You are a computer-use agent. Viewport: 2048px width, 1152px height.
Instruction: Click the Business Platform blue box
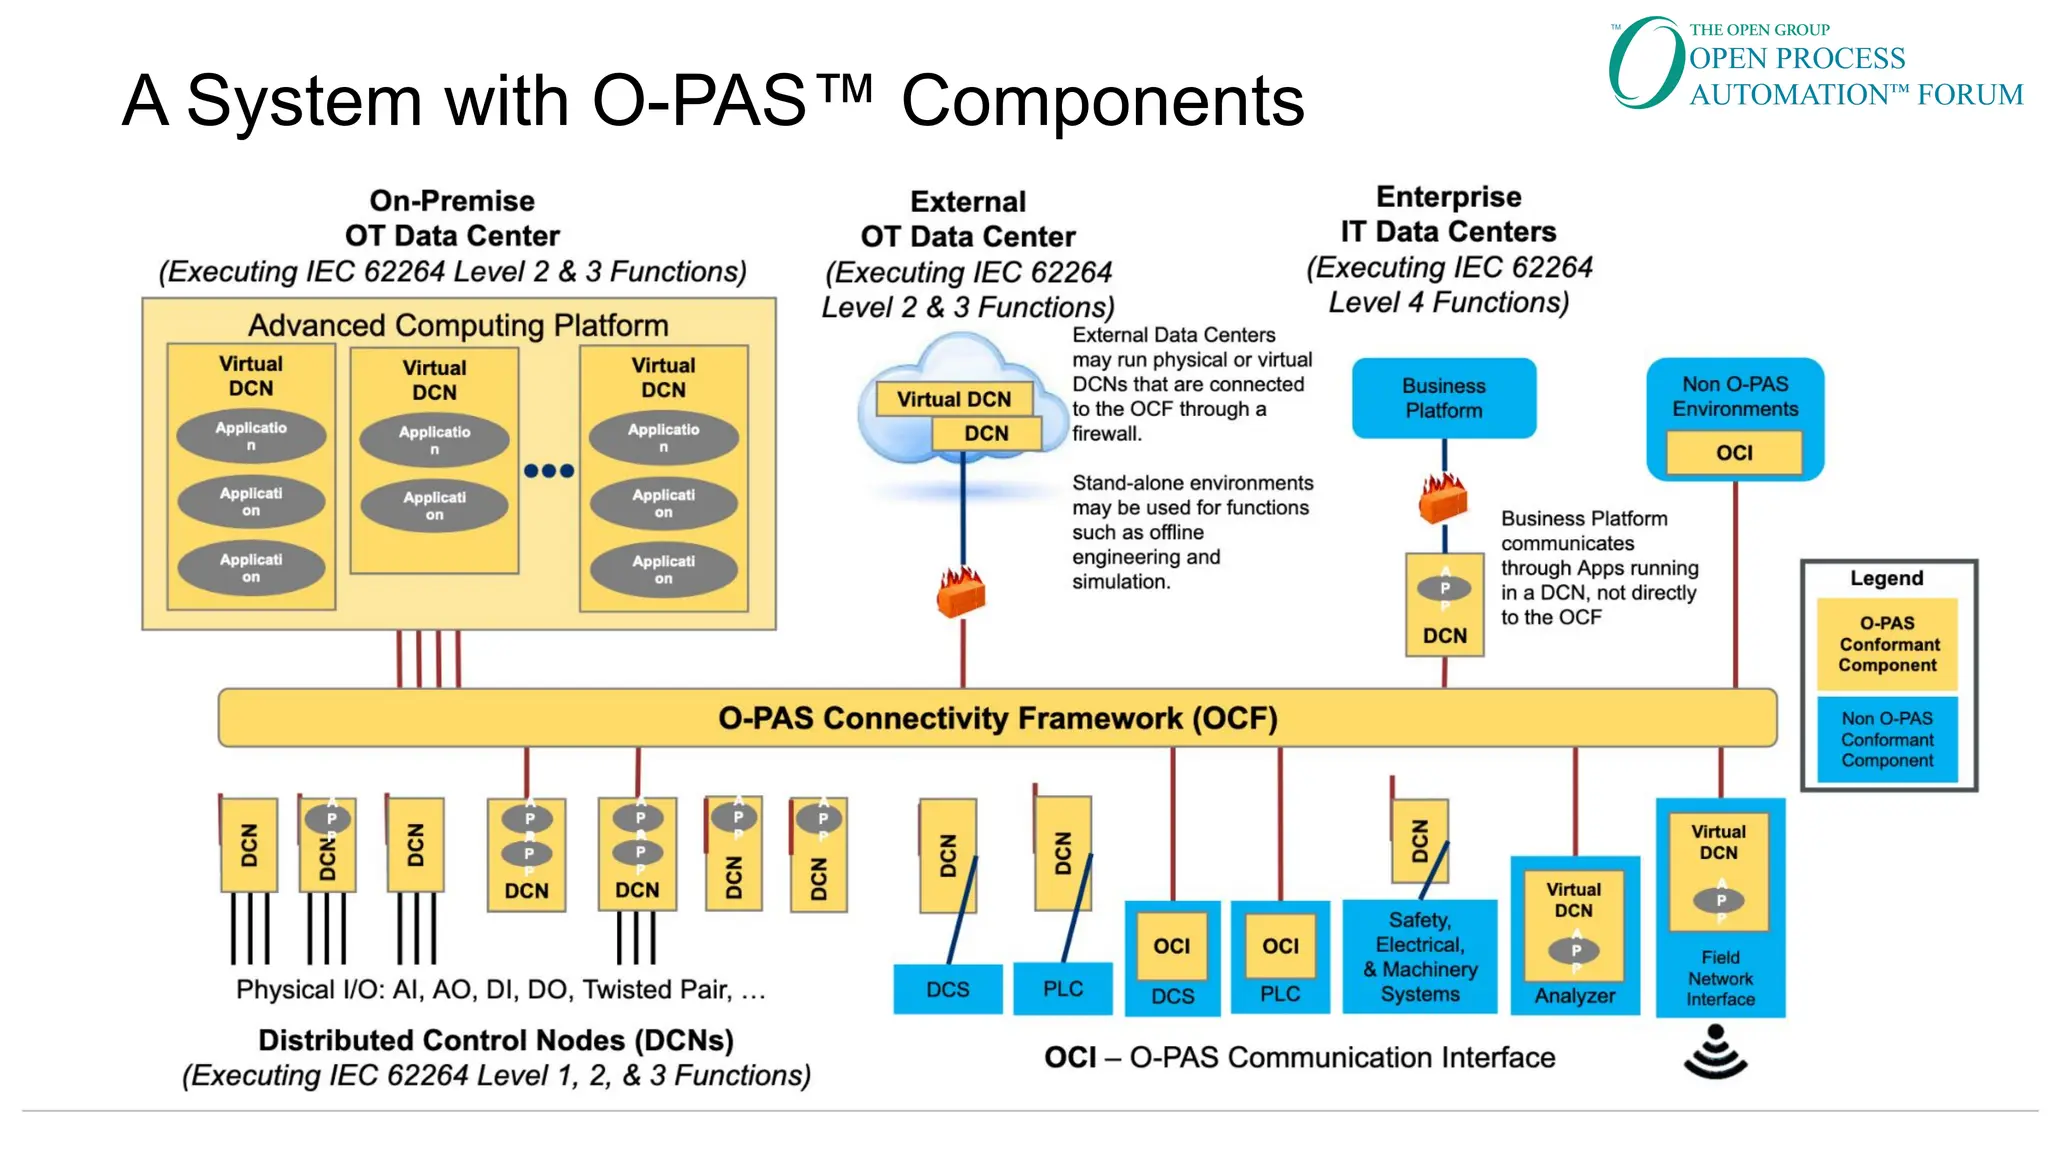pos(1443,398)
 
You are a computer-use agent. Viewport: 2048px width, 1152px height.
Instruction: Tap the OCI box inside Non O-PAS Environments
pos(1734,453)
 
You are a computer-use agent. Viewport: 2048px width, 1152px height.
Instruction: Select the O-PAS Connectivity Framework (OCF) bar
pos(997,718)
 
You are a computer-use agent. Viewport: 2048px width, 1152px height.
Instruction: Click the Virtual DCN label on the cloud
pos(953,399)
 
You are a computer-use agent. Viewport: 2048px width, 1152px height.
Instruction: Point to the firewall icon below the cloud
pos(961,591)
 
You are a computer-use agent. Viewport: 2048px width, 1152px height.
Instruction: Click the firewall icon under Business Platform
pos(1443,499)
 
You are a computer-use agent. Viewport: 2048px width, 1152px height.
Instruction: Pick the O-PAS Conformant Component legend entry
pos(1887,644)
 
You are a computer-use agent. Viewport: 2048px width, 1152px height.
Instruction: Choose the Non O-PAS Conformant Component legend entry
pos(1887,739)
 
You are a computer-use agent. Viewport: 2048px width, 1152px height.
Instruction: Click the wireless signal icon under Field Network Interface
pos(1715,1055)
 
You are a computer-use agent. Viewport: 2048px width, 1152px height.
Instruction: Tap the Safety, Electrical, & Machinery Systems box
pos(1419,957)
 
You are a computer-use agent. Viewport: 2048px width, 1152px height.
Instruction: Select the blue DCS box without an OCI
pos(947,989)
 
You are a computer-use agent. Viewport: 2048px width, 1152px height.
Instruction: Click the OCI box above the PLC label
pos(1280,946)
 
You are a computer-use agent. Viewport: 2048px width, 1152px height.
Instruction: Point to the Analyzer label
pos(1574,996)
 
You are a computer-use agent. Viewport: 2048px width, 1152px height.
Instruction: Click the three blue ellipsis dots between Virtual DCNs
pos(549,471)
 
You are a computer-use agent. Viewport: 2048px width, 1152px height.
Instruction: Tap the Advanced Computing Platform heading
pos(458,325)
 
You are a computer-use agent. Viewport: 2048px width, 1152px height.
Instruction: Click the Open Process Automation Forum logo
pos(1814,64)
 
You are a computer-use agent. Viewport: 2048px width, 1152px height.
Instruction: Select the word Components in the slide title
pos(1102,101)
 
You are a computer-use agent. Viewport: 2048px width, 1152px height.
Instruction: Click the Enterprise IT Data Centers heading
pos(1448,214)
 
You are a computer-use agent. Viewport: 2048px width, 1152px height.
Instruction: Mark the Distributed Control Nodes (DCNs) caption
pos(496,1040)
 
